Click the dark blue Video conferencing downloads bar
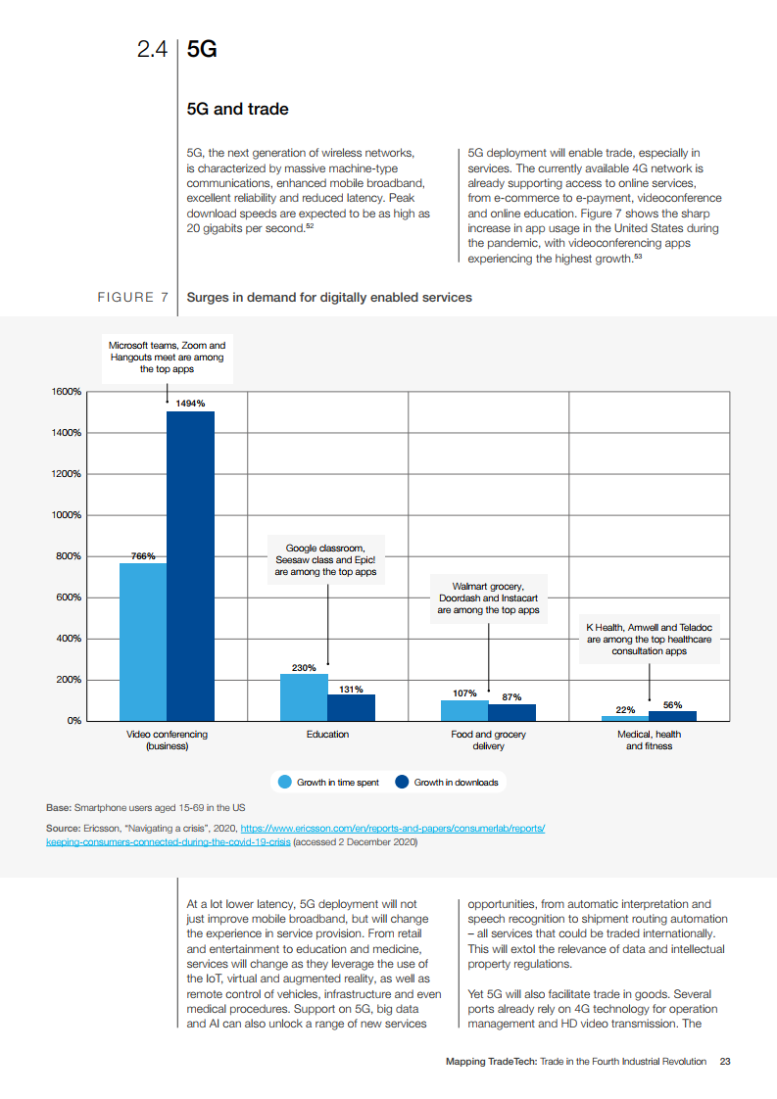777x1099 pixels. [x=190, y=566]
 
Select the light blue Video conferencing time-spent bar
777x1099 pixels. [x=143, y=642]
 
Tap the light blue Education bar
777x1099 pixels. [x=304, y=696]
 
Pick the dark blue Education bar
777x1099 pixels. [x=351, y=707]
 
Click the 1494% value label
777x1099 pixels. [x=190, y=403]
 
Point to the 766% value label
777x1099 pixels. [x=143, y=555]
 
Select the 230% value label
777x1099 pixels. [x=304, y=667]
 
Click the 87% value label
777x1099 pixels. [x=511, y=696]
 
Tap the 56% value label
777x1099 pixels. [x=672, y=704]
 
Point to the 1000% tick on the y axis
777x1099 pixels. [x=68, y=515]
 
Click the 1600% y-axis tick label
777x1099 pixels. [x=68, y=392]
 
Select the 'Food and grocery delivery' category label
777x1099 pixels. [x=488, y=740]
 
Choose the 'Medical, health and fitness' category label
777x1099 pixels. [x=649, y=740]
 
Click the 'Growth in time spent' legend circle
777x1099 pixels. [x=285, y=782]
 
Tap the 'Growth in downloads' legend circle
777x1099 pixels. [x=402, y=782]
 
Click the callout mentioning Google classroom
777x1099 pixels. [x=325, y=559]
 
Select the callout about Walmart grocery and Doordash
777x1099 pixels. [x=488, y=597]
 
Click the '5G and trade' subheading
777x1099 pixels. [x=237, y=109]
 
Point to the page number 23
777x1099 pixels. [x=724, y=1061]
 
